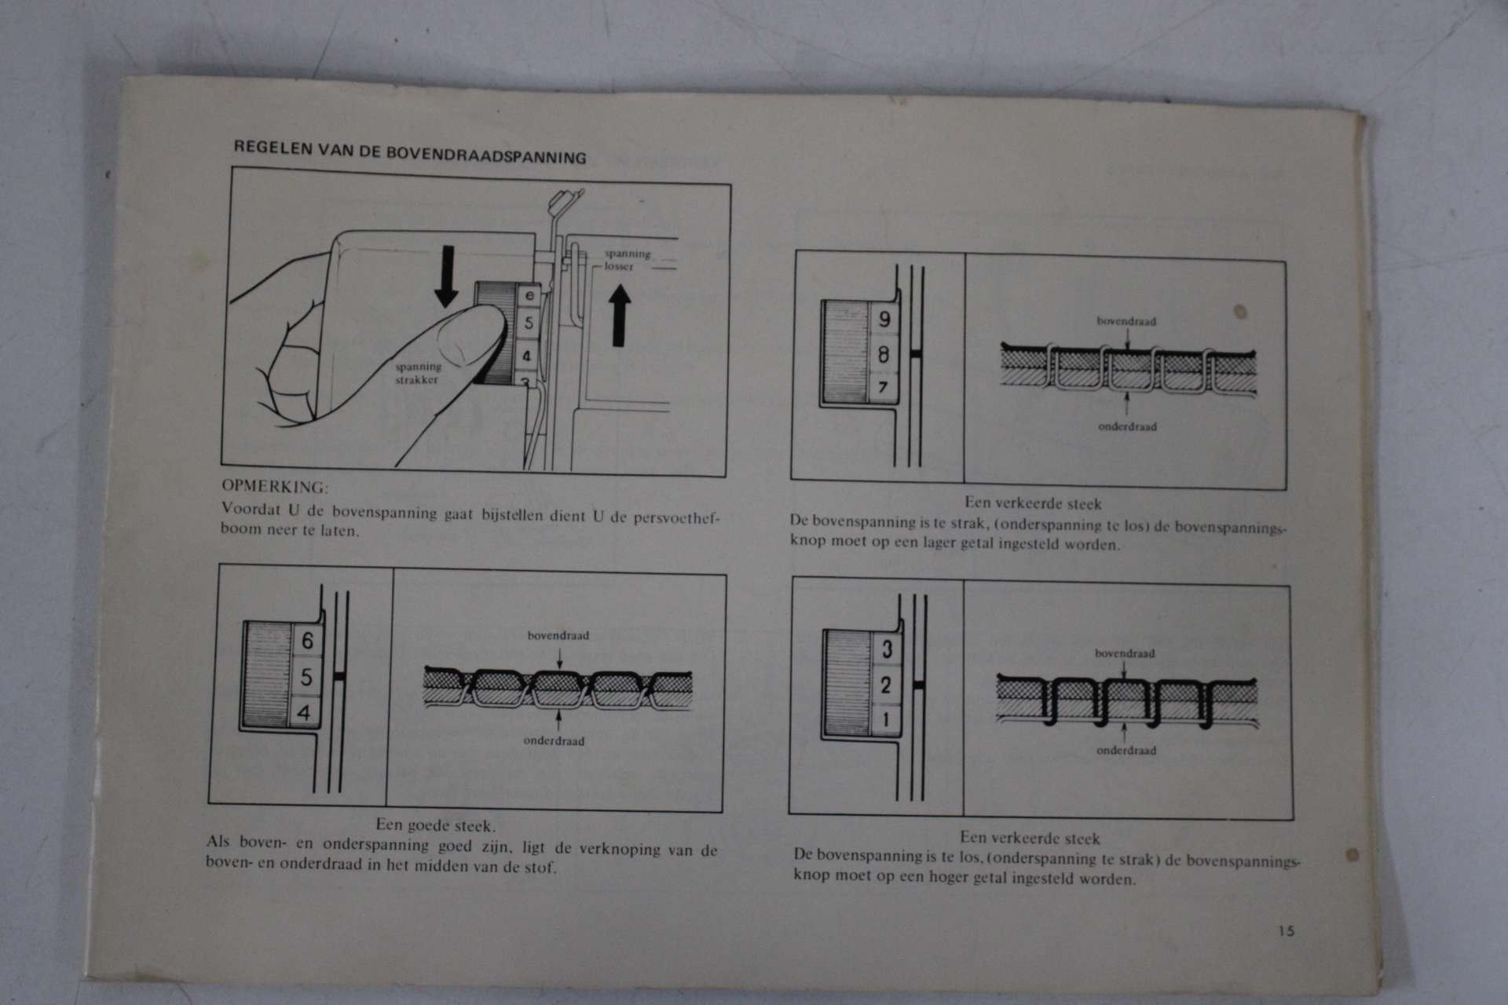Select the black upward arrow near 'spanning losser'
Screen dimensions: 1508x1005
[620, 315]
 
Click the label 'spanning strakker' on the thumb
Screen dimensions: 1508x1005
[418, 373]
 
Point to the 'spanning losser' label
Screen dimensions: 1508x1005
[627, 260]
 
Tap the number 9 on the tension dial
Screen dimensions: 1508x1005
[885, 320]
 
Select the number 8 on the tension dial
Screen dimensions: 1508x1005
[884, 355]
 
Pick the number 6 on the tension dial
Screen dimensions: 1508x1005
[307, 641]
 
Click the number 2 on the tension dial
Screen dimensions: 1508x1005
[886, 685]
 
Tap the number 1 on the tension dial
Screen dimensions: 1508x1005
[886, 719]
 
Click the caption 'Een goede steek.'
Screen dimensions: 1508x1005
[435, 825]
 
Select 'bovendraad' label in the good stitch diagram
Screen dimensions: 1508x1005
[558, 635]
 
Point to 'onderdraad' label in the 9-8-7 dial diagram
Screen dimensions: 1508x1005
[1127, 426]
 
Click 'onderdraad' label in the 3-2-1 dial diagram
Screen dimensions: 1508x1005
[1126, 750]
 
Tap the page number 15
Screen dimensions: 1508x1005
[1286, 930]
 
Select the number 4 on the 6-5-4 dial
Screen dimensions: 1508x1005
[304, 713]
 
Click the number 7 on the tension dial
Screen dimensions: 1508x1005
[883, 387]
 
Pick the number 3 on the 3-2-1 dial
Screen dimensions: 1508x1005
[888, 649]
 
